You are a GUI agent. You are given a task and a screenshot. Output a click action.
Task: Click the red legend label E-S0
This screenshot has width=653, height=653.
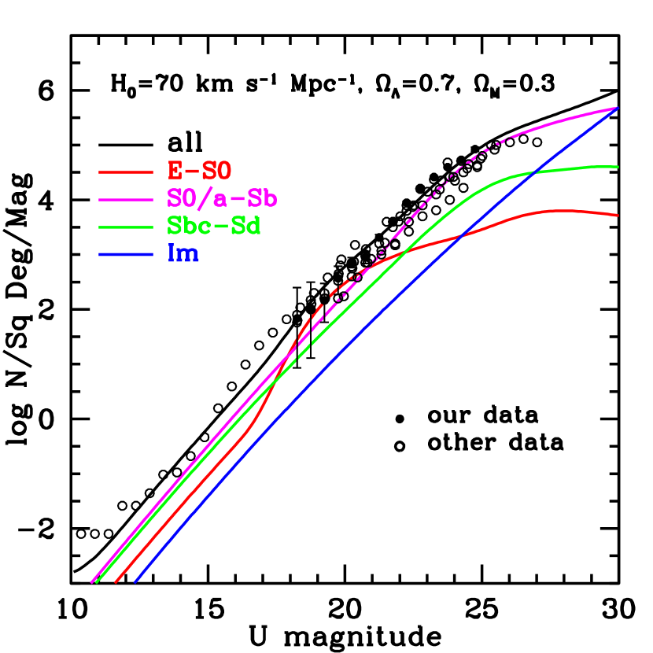[x=199, y=171]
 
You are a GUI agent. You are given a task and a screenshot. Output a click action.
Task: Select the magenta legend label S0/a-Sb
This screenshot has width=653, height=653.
[x=222, y=198]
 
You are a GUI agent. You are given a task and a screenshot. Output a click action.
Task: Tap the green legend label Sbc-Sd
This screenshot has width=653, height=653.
[x=213, y=226]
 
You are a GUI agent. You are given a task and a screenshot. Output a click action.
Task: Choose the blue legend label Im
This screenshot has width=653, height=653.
[x=183, y=253]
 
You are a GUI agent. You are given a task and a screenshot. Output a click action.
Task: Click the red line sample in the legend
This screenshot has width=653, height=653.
[x=125, y=172]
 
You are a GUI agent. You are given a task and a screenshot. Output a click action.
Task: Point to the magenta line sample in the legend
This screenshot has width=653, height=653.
[x=125, y=199]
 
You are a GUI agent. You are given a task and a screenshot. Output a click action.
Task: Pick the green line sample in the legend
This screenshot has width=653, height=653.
[x=125, y=227]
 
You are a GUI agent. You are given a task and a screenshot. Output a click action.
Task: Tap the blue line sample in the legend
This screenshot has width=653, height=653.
[x=125, y=254]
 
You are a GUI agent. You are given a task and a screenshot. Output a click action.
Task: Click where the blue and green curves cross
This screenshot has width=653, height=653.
[x=535, y=172]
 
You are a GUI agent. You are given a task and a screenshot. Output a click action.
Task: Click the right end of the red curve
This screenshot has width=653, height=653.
[x=618, y=215]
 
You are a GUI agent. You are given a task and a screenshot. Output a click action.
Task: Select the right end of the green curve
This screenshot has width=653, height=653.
[x=618, y=167]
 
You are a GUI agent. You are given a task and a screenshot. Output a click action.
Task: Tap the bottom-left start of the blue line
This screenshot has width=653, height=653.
[x=135, y=582]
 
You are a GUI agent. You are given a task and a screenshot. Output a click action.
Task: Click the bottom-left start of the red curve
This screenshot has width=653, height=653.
[x=116, y=582]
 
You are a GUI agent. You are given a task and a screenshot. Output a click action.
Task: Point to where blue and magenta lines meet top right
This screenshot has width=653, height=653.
[x=618, y=108]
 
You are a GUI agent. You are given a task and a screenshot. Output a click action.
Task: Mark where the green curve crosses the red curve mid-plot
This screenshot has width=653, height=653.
[x=404, y=253]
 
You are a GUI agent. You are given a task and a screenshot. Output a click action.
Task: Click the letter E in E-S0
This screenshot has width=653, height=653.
[x=175, y=171]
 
